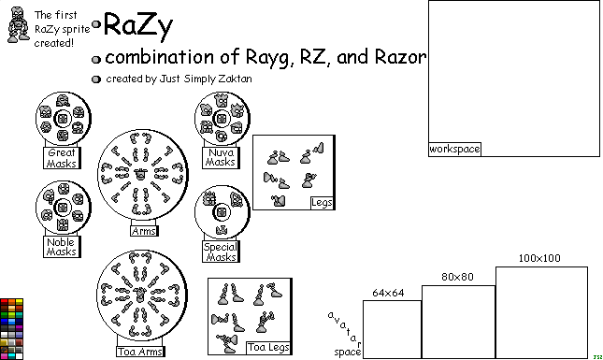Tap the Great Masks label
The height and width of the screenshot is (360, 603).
point(62,158)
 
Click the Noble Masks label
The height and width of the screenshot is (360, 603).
point(62,247)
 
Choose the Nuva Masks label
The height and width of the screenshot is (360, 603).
point(221,157)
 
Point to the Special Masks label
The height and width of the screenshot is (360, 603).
point(221,252)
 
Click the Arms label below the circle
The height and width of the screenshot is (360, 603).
point(143,231)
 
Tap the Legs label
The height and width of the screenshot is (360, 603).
point(321,202)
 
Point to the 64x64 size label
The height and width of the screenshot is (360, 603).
point(388,293)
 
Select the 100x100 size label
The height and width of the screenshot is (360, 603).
point(540,259)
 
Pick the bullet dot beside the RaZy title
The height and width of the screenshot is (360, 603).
point(96,23)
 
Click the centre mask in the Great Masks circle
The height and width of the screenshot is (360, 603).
point(62,119)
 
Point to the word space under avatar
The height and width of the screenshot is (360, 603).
point(347,352)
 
